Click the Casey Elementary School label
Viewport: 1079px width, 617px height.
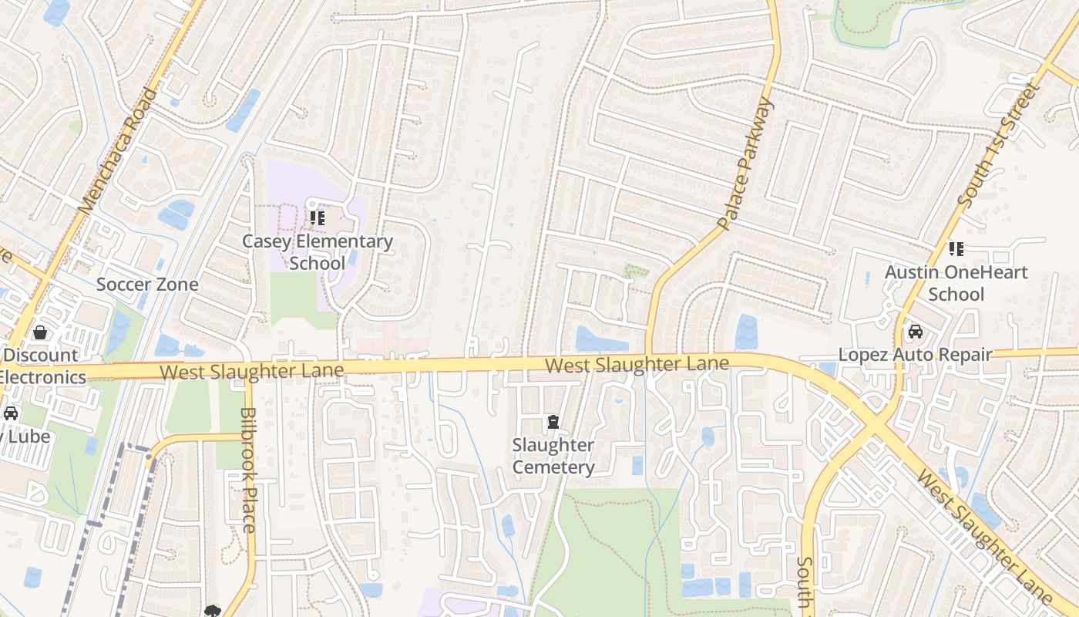pos(318,252)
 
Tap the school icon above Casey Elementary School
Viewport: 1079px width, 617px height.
pos(318,219)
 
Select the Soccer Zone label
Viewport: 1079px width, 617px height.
pos(147,285)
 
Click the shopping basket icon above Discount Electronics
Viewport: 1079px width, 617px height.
pos(39,332)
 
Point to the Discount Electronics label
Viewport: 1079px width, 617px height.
pos(42,366)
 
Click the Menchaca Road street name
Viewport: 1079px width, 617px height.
pos(118,150)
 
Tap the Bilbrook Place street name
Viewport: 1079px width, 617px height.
pos(247,470)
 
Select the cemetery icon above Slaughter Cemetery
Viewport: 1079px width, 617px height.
pos(553,422)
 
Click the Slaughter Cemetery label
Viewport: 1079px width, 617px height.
pos(553,457)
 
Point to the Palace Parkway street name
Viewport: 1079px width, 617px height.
pos(744,164)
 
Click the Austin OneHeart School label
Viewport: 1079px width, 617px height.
pos(956,283)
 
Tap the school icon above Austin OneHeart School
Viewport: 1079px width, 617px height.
pos(956,248)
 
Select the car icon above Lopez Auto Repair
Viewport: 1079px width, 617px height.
pos(916,332)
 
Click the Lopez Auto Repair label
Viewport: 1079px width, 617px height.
pos(915,355)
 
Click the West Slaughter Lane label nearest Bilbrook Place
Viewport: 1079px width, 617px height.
pos(251,372)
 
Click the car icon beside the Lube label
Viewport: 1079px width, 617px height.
pos(10,413)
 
